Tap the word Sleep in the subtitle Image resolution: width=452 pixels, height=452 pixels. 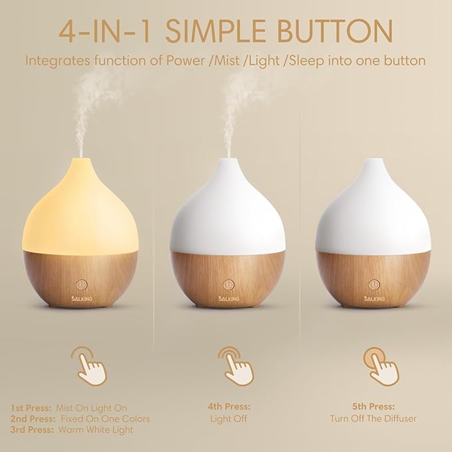[x=316, y=61]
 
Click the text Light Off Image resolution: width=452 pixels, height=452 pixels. [x=228, y=419]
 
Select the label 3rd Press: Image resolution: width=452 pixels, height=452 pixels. [x=31, y=429]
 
